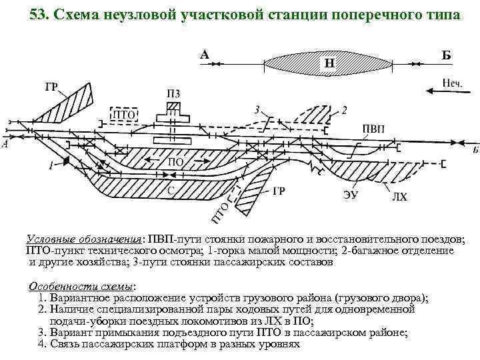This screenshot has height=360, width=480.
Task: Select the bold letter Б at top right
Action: pos(446,55)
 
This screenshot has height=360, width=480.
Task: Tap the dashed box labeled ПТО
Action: pos(123,115)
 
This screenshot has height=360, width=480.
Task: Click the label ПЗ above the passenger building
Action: pos(173,93)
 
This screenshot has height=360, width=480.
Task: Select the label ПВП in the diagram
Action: pos(373,129)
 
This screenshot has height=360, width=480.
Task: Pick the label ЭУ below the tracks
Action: pos(351,195)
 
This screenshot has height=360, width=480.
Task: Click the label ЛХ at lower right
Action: pos(399,197)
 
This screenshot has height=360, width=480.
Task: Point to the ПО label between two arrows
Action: pos(175,162)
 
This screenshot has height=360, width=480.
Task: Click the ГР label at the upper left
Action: pos(52,87)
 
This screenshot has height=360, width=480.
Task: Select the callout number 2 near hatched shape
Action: pos(344,109)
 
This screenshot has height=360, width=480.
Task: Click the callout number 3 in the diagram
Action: pos(257,109)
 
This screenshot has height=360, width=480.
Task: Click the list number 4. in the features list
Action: pos(43,344)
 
